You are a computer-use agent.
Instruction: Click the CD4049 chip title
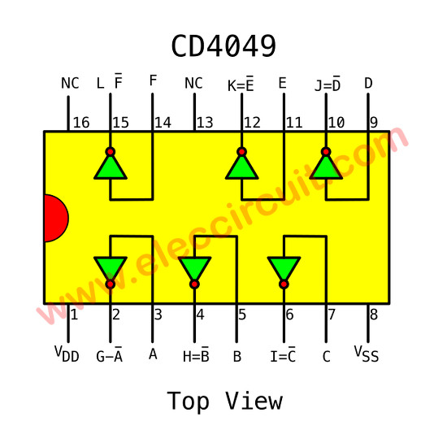[223, 46]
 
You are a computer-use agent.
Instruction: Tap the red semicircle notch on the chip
[56, 218]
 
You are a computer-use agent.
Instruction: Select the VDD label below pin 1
[67, 354]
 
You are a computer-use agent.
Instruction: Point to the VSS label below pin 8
[367, 354]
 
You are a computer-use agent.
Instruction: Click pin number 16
[81, 123]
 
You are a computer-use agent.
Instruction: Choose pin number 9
[374, 123]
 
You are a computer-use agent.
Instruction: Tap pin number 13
[205, 123]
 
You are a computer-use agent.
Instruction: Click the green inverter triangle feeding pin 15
[111, 168]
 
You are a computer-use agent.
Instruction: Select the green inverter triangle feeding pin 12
[241, 168]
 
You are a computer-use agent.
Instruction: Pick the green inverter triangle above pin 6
[284, 267]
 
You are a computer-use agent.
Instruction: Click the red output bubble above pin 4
[194, 284]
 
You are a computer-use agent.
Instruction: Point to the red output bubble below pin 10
[326, 152]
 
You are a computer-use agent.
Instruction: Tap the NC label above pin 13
[193, 84]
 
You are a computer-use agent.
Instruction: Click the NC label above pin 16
[70, 84]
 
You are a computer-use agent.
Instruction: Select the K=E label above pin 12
[241, 84]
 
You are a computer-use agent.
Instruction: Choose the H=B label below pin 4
[196, 354]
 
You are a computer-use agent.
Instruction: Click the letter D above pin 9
[368, 84]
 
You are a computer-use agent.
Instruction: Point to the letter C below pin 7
[327, 357]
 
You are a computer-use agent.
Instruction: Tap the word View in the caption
[254, 401]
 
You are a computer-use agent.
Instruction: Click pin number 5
[242, 315]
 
